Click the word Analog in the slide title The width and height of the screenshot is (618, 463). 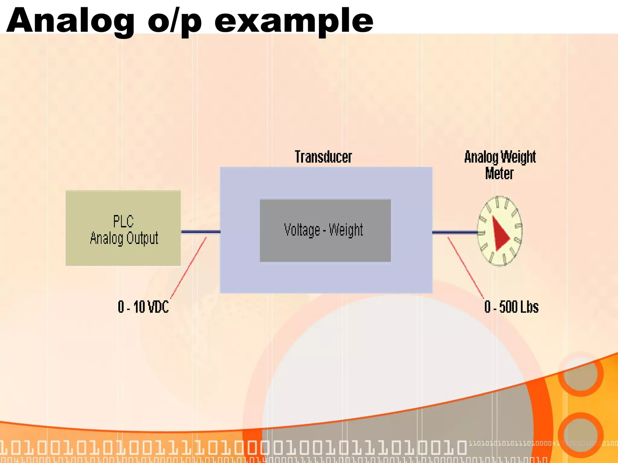point(70,20)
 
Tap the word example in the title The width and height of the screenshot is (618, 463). point(293,20)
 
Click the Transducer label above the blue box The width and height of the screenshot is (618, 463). point(323,157)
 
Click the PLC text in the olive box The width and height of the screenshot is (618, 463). point(123,222)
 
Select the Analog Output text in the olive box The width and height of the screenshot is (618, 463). point(124,238)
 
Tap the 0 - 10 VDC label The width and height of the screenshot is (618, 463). point(143,307)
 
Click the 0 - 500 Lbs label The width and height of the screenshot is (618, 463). point(511,307)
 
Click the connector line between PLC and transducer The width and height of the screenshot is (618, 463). point(201,232)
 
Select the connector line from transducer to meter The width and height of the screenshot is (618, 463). point(454,232)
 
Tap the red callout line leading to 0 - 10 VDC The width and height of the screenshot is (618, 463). point(189,267)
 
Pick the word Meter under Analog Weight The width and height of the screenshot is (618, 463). point(499,174)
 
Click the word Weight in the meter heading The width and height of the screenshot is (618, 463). point(518,157)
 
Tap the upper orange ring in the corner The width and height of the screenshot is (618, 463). point(580,374)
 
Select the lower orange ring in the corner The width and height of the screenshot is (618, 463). point(580,434)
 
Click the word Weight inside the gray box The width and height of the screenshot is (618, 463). point(346,230)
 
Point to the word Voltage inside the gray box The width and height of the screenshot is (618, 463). point(302,230)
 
